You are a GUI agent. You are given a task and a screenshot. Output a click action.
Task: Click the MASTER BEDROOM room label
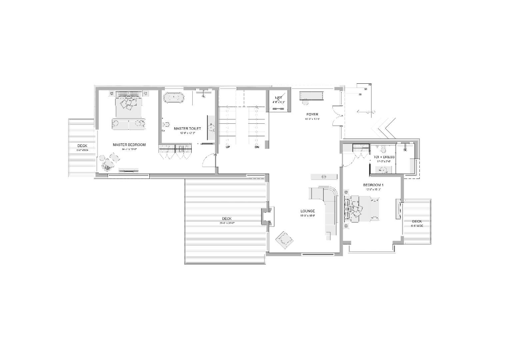pos(129,145)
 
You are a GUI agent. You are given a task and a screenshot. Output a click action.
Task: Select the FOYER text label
pos(312,114)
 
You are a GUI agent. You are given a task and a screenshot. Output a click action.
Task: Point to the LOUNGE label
pos(307,211)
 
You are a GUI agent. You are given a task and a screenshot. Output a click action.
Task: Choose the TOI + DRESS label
pos(384,157)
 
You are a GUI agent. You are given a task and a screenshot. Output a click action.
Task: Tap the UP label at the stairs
pos(228,147)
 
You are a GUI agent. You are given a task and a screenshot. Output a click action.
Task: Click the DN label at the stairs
pos(257,147)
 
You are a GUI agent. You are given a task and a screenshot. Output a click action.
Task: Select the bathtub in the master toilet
pos(174,98)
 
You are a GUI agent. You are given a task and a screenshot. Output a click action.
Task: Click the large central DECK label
pos(226,219)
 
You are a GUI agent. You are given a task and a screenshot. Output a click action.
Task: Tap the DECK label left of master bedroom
pos(82,146)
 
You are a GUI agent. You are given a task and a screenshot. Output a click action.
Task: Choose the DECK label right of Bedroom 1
pos(417,221)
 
